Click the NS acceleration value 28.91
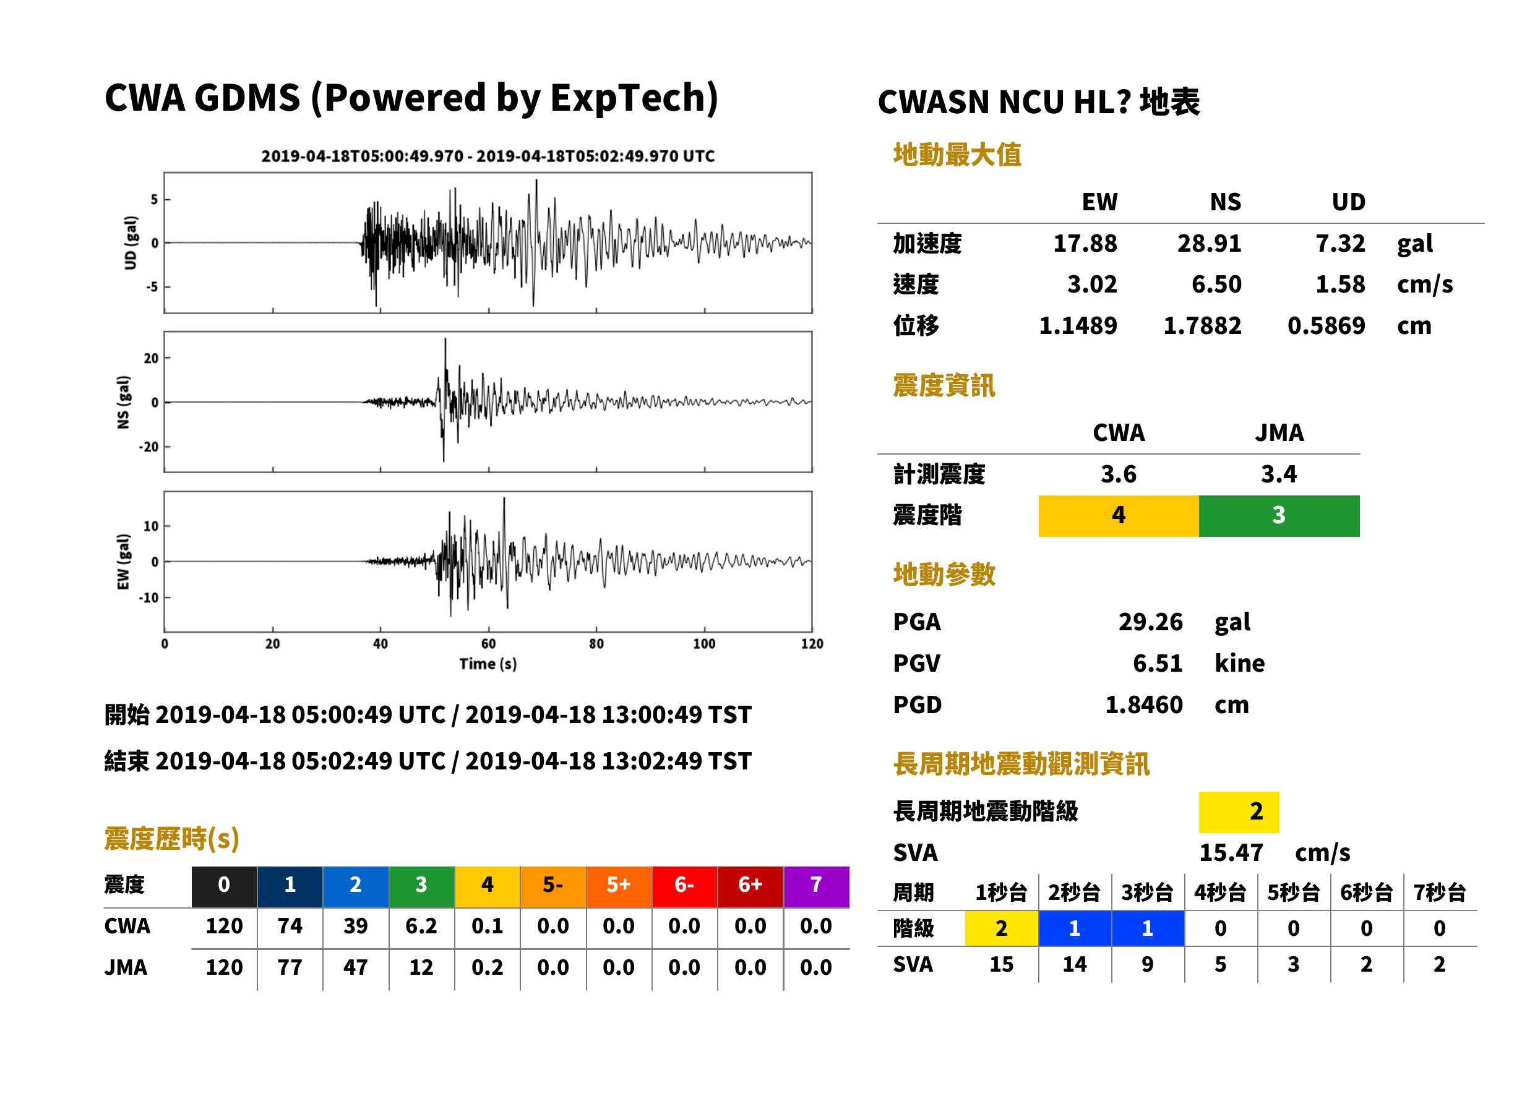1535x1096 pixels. coord(1209,244)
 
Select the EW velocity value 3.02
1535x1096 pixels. coord(1091,285)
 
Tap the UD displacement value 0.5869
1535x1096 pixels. coord(1326,326)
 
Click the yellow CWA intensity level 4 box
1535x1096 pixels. coord(1119,516)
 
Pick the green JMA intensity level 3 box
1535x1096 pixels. coord(1279,516)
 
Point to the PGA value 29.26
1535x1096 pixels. coord(1150,622)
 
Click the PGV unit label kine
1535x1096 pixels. coord(1239,664)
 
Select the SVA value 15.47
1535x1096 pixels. coord(1231,853)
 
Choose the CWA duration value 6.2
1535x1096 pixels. coord(421,926)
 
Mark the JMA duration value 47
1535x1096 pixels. coord(355,968)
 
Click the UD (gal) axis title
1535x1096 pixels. coord(131,243)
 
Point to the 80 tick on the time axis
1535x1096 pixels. coord(596,644)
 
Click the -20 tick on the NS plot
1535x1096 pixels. coord(148,447)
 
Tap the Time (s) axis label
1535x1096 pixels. coord(488,664)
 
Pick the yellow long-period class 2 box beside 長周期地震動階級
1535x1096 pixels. coord(1239,812)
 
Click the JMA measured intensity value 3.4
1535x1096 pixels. coord(1279,474)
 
